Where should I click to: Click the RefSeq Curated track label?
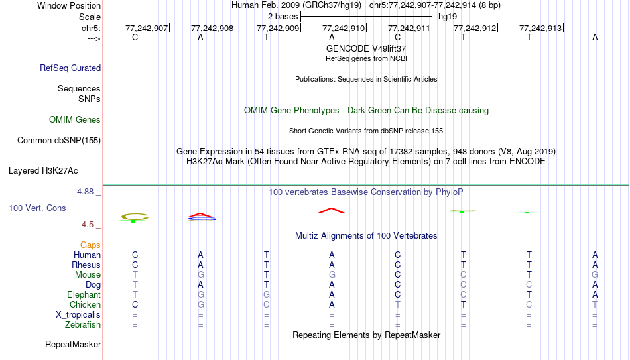[x=70, y=68]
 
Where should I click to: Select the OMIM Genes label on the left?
[x=75, y=120]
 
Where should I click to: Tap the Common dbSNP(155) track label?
[x=59, y=141]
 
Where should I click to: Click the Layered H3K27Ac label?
[x=43, y=171]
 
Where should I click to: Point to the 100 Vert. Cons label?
[x=37, y=208]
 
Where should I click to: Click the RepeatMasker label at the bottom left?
[x=73, y=344]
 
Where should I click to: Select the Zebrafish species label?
[x=83, y=325]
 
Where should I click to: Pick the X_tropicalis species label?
[x=78, y=315]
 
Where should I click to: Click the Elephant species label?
[x=84, y=294]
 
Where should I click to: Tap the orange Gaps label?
[x=90, y=245]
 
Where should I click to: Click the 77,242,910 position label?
[x=344, y=28]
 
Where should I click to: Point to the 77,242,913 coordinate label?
[x=540, y=28]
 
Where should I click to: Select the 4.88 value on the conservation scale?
[x=85, y=192]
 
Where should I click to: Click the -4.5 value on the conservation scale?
[x=86, y=225]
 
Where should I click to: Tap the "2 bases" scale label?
[x=283, y=17]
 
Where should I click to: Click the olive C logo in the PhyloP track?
[x=135, y=217]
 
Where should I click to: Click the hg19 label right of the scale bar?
[x=448, y=17]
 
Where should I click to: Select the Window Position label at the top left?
[x=69, y=5]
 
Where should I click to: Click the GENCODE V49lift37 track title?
[x=366, y=48]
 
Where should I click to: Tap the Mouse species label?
[x=88, y=275]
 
